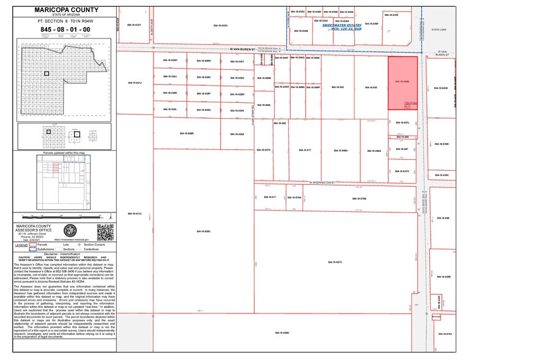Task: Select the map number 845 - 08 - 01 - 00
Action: coord(64,29)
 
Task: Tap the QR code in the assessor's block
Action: coord(105,232)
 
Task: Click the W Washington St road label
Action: coord(322,182)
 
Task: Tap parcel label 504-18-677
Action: coord(305,150)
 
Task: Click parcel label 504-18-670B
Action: coord(359,198)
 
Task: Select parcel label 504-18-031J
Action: coord(135,82)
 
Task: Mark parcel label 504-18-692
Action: coord(338,88)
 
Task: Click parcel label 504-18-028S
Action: coord(237,133)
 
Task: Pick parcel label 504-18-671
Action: coord(270,197)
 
